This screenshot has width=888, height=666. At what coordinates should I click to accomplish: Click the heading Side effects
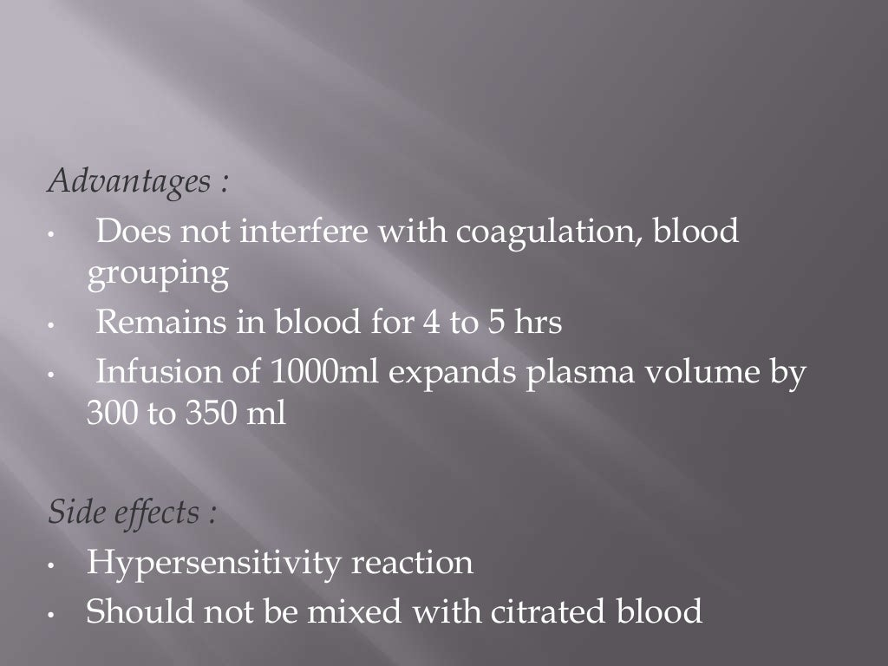(x=131, y=513)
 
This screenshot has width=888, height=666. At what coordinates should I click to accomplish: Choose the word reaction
(x=411, y=563)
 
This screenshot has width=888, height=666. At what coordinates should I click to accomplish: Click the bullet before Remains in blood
(x=53, y=326)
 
